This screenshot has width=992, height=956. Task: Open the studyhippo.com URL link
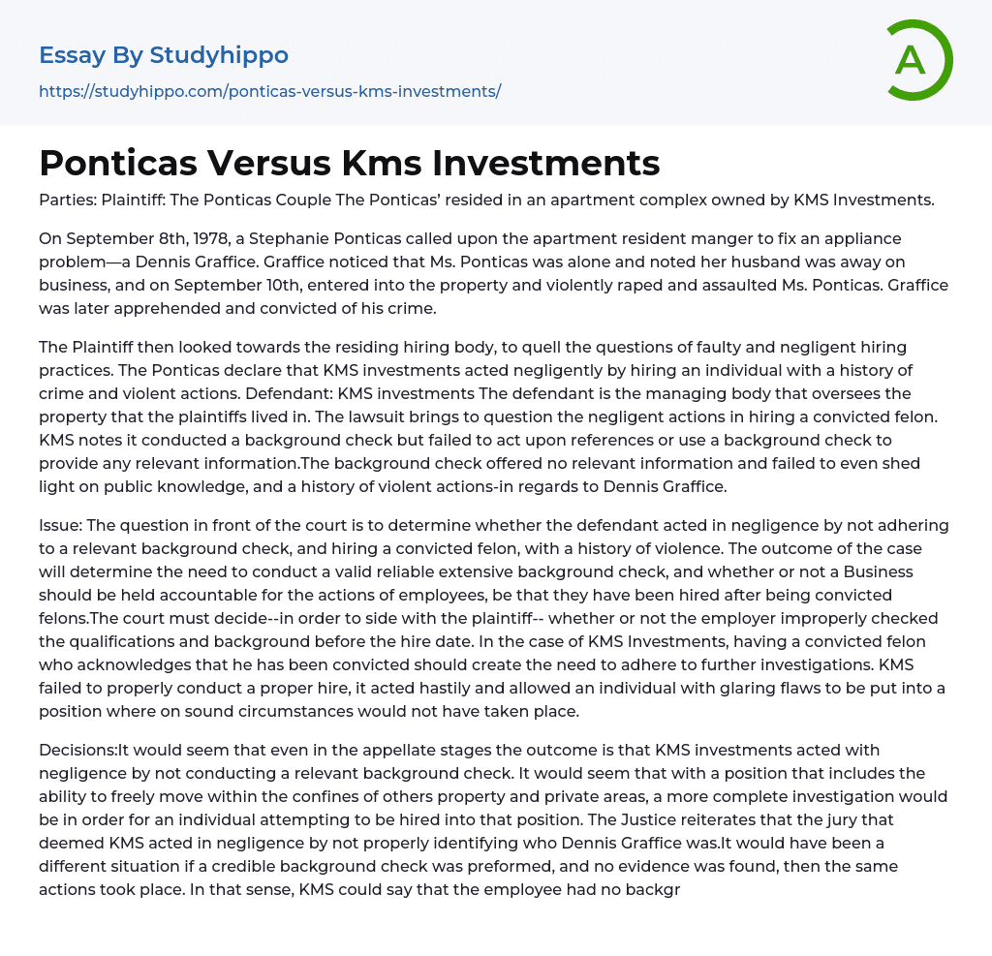pyautogui.click(x=269, y=92)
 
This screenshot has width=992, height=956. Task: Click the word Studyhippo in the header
pyautogui.click(x=219, y=55)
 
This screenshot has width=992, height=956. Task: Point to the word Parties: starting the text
pyautogui.click(x=67, y=200)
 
